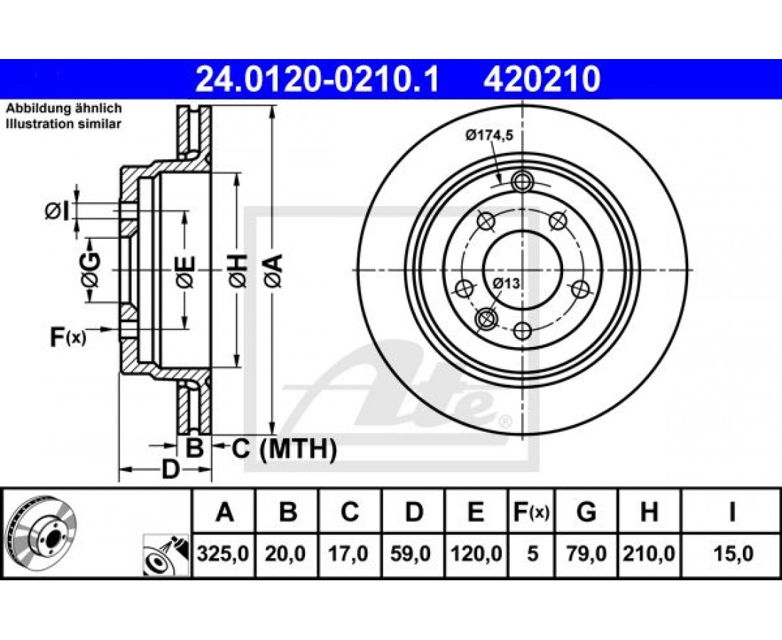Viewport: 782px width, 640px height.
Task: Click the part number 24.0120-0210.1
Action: click(x=317, y=80)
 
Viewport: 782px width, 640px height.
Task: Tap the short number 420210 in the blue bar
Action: click(x=541, y=80)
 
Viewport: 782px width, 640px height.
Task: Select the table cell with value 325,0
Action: click(x=223, y=554)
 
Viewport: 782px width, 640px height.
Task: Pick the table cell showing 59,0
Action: click(x=413, y=554)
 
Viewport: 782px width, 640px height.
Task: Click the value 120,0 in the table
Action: click(x=476, y=554)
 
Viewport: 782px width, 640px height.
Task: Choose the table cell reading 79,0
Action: click(x=586, y=554)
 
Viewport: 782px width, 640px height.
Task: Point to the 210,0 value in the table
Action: click(x=649, y=554)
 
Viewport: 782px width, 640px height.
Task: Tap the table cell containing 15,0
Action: click(x=732, y=554)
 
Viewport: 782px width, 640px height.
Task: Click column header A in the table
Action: click(x=225, y=511)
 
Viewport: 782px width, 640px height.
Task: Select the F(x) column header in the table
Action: click(x=531, y=511)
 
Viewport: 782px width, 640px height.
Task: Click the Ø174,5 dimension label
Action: click(x=490, y=134)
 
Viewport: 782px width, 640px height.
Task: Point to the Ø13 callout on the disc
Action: click(x=505, y=284)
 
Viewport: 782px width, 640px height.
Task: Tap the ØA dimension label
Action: click(x=274, y=270)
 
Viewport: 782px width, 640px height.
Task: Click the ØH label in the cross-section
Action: click(x=238, y=270)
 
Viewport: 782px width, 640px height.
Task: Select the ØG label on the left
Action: click(x=91, y=270)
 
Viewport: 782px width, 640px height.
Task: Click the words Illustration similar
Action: click(x=63, y=124)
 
